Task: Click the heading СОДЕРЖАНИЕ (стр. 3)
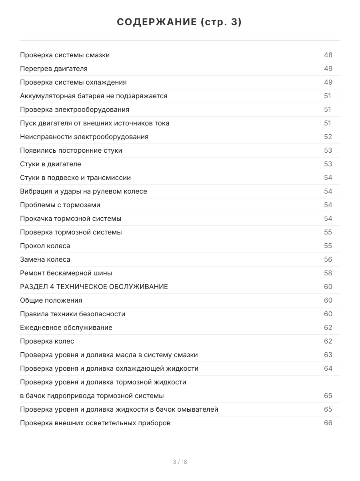(x=180, y=22)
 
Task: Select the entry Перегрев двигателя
(x=54, y=69)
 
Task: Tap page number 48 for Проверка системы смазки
(x=328, y=55)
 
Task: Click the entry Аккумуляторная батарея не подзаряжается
(x=94, y=96)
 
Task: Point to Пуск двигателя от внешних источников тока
(x=94, y=123)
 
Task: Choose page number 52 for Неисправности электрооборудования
(x=328, y=137)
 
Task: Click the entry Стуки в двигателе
(x=50, y=164)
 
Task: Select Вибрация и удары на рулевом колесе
(x=84, y=191)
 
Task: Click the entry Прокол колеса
(x=45, y=246)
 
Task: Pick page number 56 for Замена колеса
(x=328, y=259)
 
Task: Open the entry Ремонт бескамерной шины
(x=66, y=273)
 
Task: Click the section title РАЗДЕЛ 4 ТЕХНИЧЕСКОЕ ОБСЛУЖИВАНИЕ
(x=94, y=287)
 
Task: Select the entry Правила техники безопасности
(x=72, y=314)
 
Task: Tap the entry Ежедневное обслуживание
(x=66, y=327)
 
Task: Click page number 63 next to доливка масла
(x=328, y=355)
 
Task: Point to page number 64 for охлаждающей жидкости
(x=328, y=368)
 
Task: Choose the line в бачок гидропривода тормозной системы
(x=92, y=396)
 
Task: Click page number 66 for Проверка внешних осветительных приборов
(x=328, y=423)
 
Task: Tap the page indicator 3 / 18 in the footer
(x=180, y=462)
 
